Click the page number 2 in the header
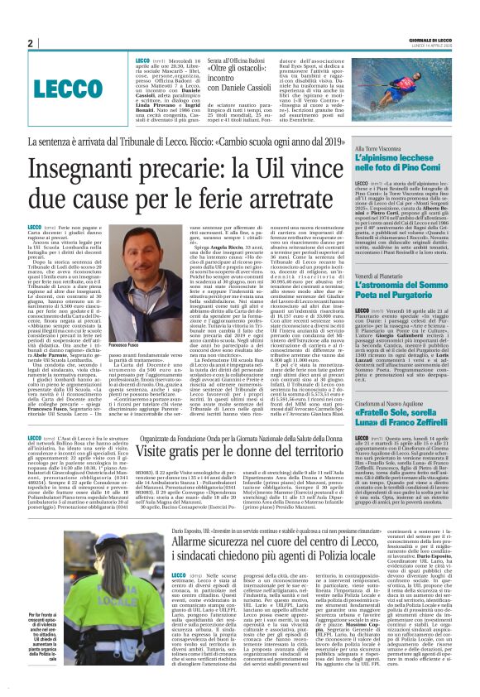[30, 43]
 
